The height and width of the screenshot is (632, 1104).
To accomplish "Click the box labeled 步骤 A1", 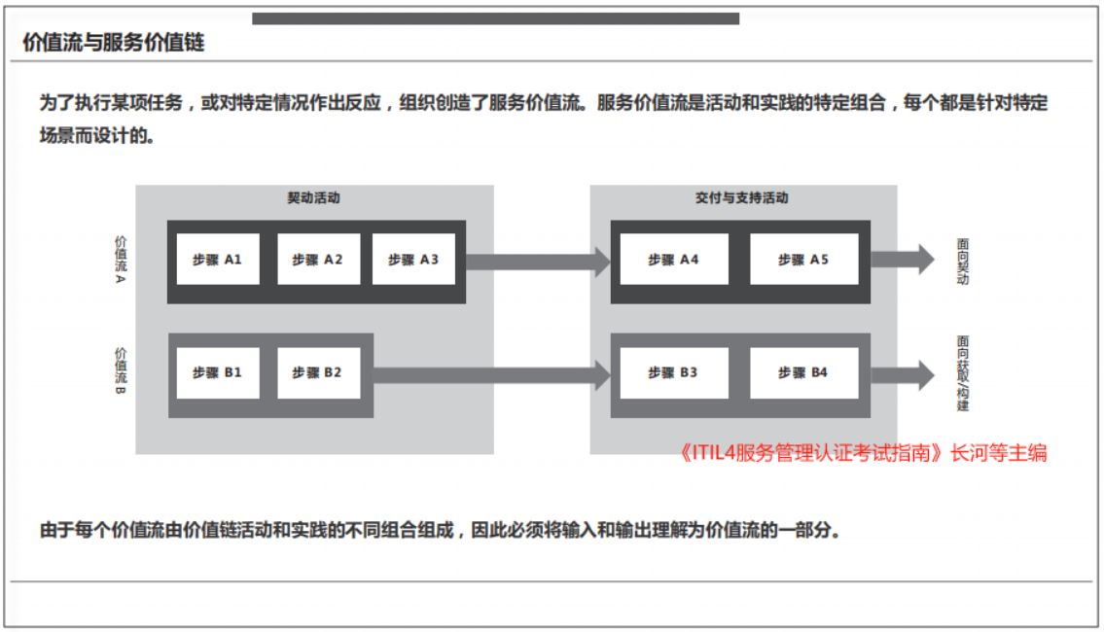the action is point(218,260).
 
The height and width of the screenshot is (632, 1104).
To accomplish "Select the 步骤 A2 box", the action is point(318,260).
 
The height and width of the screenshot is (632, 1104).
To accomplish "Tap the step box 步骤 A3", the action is point(413,260).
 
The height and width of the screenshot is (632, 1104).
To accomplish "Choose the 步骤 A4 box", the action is point(674,260).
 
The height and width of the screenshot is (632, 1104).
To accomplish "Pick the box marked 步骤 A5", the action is point(804,260).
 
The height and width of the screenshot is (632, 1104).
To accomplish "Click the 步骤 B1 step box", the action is point(218,373).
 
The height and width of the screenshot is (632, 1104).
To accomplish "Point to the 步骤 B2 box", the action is point(318,373).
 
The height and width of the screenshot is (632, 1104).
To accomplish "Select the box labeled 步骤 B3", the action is point(674,373).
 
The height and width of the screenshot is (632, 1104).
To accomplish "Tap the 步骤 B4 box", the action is point(804,373).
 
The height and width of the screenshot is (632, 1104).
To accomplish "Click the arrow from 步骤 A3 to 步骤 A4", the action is point(538,262).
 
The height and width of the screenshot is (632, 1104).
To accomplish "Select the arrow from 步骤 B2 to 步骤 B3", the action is point(491,375).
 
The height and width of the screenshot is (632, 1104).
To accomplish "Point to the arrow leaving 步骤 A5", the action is point(903,260).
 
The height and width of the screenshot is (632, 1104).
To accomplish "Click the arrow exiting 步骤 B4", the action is point(903,374).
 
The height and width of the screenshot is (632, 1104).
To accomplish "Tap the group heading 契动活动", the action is point(313,197).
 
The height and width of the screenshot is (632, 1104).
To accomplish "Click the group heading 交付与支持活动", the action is point(741,197).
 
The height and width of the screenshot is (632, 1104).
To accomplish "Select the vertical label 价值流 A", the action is point(122,259).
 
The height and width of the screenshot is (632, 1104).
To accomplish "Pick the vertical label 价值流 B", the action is point(122,370).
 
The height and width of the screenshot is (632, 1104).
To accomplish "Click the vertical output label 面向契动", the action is point(963,262).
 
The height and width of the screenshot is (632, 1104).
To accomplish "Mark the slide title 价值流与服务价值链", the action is point(114,42).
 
